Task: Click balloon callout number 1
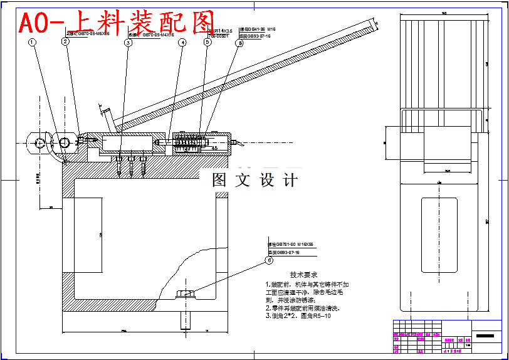pyautogui.click(x=33, y=42)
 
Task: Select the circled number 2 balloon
pyautogui.click(x=65, y=42)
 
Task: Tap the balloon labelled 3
pyautogui.click(x=128, y=43)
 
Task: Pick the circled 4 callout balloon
pyautogui.click(x=182, y=43)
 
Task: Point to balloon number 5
pyautogui.click(x=207, y=43)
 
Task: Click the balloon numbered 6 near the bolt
pyautogui.click(x=269, y=260)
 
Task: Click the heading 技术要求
pyautogui.click(x=303, y=275)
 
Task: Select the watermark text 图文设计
pyautogui.click(x=255, y=181)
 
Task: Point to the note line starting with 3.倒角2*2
pyautogui.click(x=298, y=315)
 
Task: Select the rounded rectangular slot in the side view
pyautogui.click(x=439, y=235)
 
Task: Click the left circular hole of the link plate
pyautogui.click(x=39, y=143)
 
